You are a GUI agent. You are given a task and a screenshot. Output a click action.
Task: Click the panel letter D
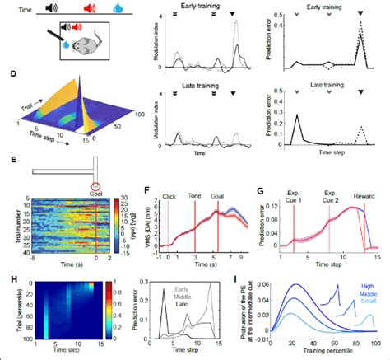[7, 77]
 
